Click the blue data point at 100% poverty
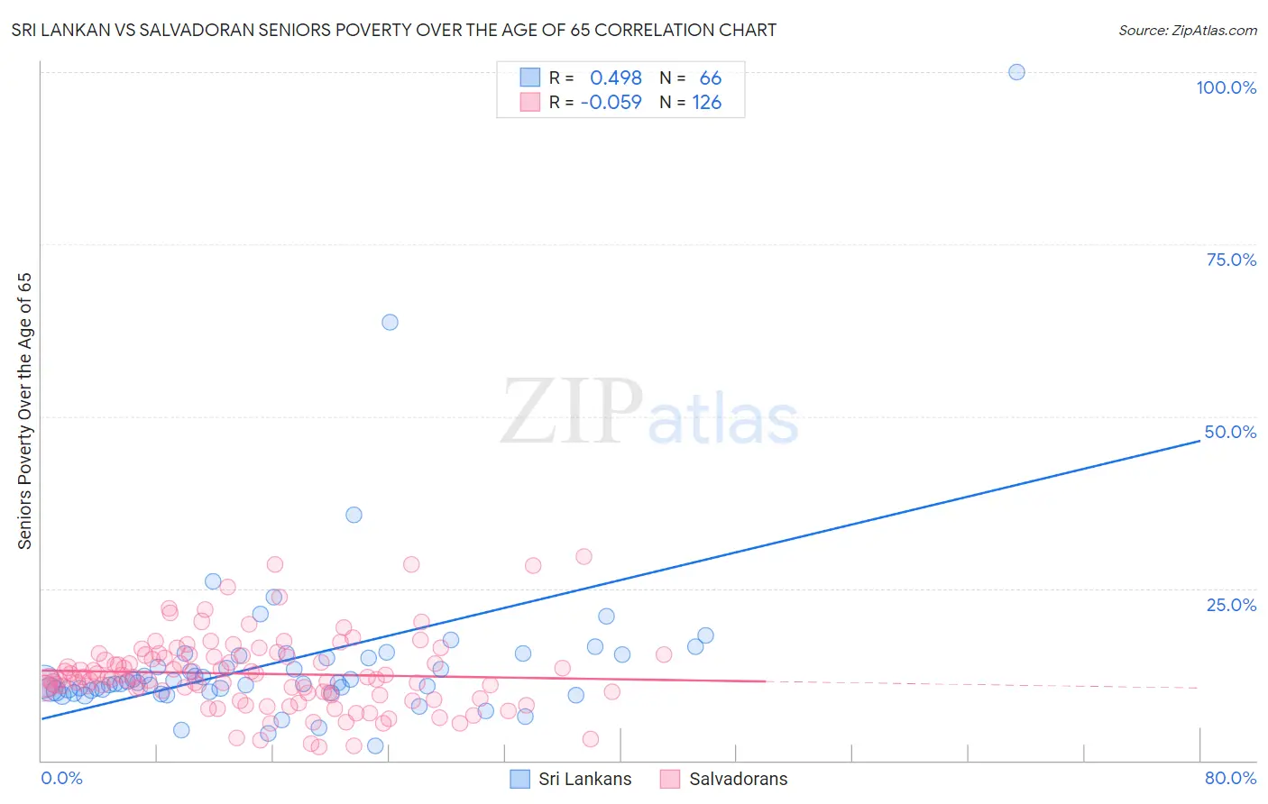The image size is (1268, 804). [1016, 72]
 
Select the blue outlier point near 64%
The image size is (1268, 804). [390, 322]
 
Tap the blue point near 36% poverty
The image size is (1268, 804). [354, 515]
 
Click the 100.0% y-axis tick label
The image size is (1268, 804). [1226, 87]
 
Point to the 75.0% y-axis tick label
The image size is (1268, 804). [1231, 260]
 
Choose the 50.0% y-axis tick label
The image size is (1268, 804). [1230, 432]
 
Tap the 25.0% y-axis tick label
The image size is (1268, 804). [1231, 604]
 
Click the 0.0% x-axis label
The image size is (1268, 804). [61, 778]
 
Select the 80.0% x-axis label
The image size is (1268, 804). [1230, 778]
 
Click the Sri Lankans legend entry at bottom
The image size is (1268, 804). [584, 779]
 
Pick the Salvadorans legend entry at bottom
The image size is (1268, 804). [738, 779]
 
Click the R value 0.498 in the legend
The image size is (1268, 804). [616, 78]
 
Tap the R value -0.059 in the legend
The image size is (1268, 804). [611, 103]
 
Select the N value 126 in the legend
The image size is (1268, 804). [707, 103]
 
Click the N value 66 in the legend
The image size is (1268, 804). [711, 78]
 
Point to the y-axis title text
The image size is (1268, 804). [24, 410]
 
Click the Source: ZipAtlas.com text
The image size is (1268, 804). [1187, 31]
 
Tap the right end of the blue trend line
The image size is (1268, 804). [1199, 440]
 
